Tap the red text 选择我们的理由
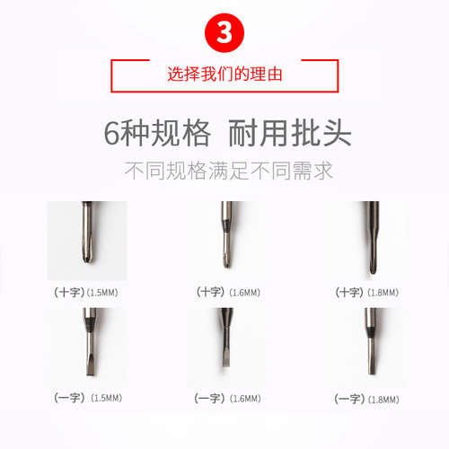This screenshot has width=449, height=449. pyautogui.click(x=224, y=75)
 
